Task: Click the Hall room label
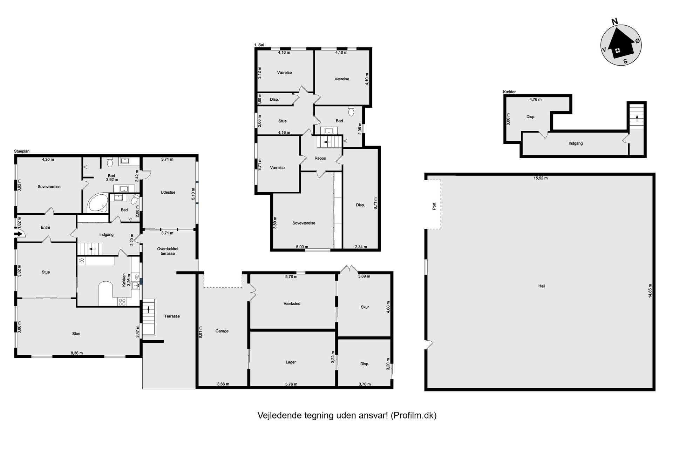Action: click(x=542, y=286)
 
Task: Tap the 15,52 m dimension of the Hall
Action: click(x=541, y=178)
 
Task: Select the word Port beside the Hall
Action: click(x=434, y=206)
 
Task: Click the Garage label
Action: click(x=222, y=331)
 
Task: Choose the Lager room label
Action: click(x=291, y=362)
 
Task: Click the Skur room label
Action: click(x=365, y=307)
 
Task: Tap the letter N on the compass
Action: click(x=614, y=22)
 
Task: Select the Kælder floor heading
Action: click(x=509, y=92)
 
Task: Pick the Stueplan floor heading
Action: click(x=22, y=152)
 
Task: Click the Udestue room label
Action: click(x=168, y=192)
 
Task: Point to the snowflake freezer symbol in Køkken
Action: click(x=81, y=261)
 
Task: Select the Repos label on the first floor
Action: click(x=320, y=158)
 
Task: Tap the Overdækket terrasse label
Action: click(x=168, y=251)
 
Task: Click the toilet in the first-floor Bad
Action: click(x=351, y=111)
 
